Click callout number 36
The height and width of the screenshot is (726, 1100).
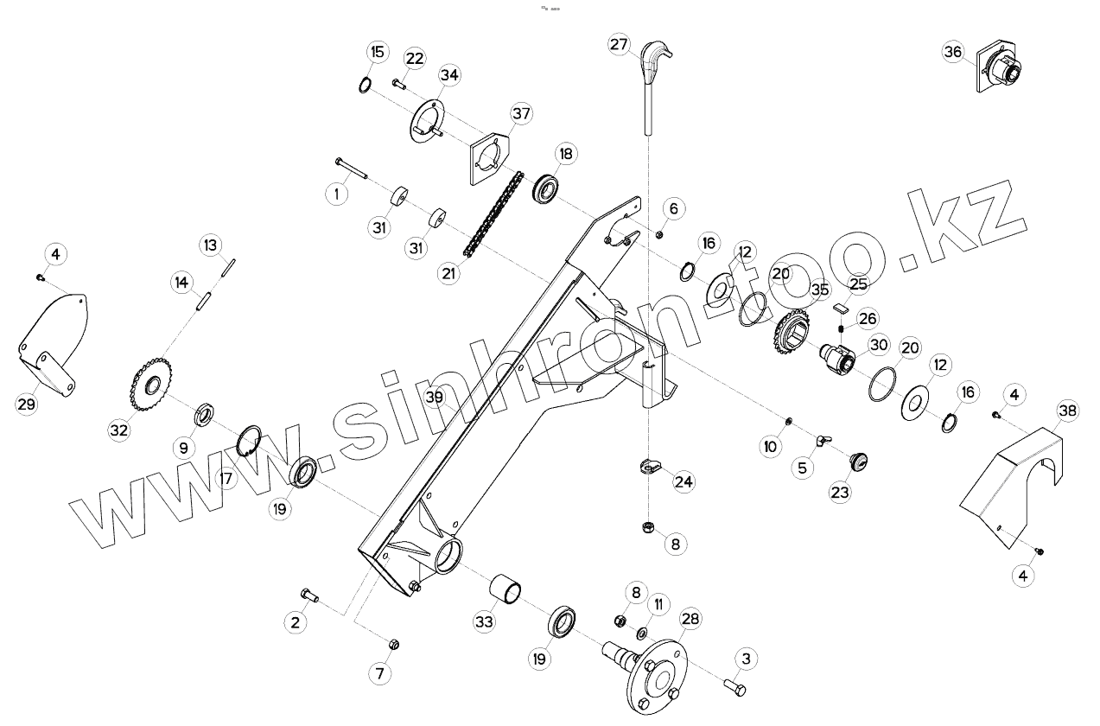point(952,52)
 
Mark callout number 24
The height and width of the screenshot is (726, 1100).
point(684,481)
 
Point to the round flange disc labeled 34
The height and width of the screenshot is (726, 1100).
point(427,121)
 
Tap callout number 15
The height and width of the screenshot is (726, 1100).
point(377,53)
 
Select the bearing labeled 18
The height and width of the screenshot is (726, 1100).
point(548,188)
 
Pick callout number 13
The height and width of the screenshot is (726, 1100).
point(211,245)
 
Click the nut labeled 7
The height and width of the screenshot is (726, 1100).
point(393,645)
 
